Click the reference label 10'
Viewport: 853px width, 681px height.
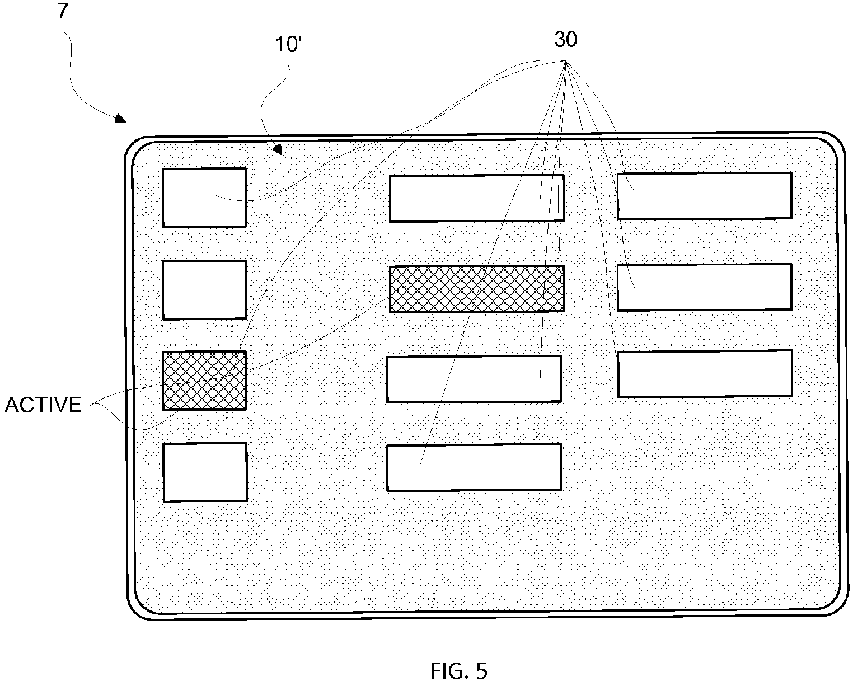click(288, 44)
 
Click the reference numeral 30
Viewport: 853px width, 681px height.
click(566, 39)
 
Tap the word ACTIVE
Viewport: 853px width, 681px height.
click(43, 405)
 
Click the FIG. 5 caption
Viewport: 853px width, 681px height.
click(459, 671)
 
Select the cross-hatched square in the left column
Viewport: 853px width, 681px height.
click(204, 381)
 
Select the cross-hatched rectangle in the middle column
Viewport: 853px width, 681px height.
click(476, 289)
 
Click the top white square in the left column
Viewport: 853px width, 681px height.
click(204, 198)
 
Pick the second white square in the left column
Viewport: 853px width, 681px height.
click(204, 290)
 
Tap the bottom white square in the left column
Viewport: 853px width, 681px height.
click(205, 472)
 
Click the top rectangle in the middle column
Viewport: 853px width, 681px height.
click(476, 198)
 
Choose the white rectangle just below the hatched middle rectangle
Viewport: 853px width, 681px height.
click(474, 379)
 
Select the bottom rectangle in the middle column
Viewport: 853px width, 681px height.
click(474, 467)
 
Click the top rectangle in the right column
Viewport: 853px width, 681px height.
click(705, 196)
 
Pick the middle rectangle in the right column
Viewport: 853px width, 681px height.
click(705, 287)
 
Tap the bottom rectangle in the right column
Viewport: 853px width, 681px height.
click(705, 373)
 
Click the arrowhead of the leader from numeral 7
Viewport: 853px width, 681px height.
click(120, 119)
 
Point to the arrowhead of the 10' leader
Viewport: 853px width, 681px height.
click(278, 149)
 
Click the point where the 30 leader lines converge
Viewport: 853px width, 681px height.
click(566, 61)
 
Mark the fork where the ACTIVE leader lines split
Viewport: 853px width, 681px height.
click(92, 405)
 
